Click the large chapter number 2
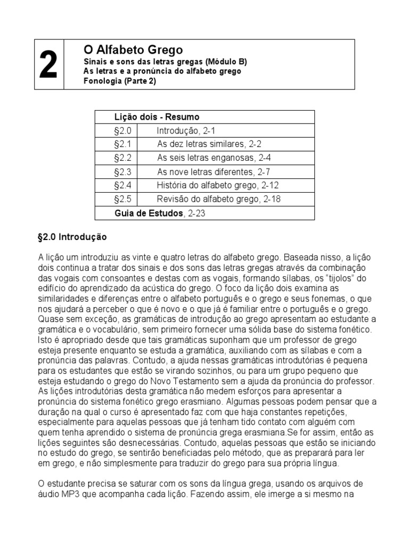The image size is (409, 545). [x=48, y=66]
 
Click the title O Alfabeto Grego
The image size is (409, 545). [x=133, y=50]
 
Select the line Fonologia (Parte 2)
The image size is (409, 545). [x=120, y=81]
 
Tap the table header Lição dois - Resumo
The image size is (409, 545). [x=157, y=117]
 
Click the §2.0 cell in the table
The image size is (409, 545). [x=122, y=130]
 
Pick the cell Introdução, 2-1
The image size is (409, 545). [x=185, y=130]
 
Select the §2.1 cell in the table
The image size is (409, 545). [x=122, y=144]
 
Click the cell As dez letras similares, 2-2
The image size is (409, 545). [x=209, y=144]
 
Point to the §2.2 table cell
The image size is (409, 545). [x=122, y=158]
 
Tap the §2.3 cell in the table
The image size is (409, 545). [x=122, y=172]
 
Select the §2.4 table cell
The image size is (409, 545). [x=122, y=186]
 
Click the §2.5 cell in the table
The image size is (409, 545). [x=122, y=200]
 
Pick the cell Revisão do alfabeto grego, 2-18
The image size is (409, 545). [x=218, y=200]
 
